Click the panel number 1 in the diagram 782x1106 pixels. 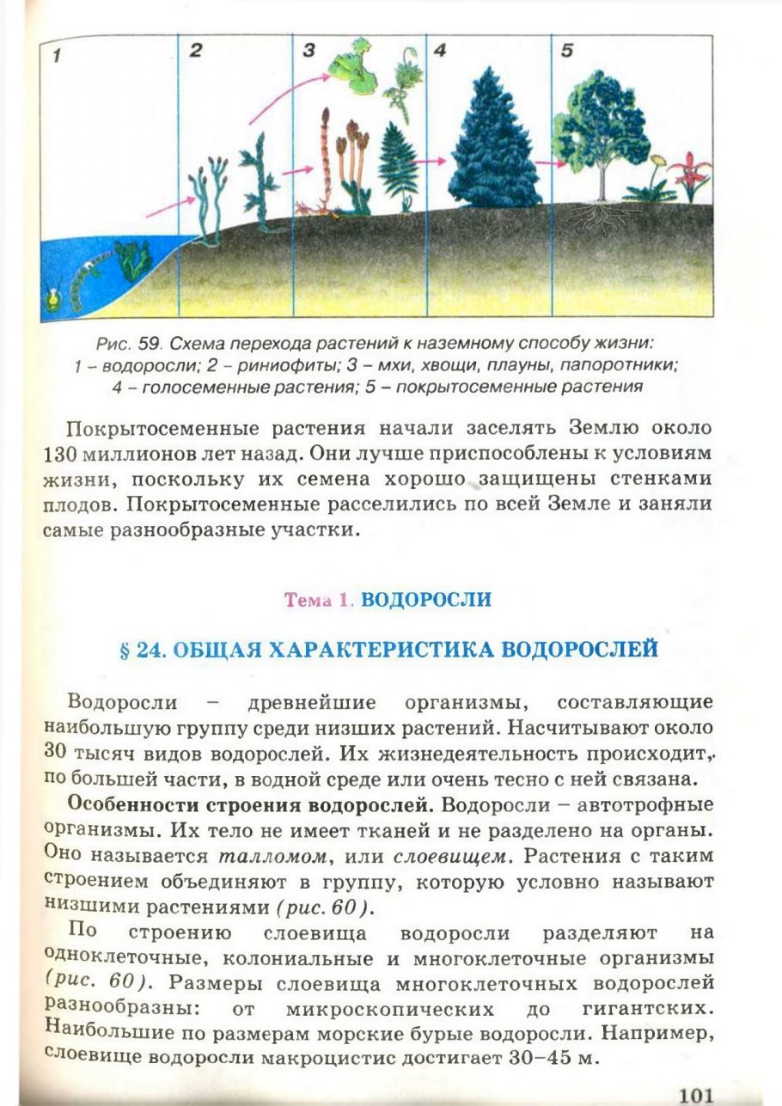pyautogui.click(x=56, y=57)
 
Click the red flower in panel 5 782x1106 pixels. pyautogui.click(x=690, y=173)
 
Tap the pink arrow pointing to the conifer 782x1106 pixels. pyautogui.click(x=426, y=160)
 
